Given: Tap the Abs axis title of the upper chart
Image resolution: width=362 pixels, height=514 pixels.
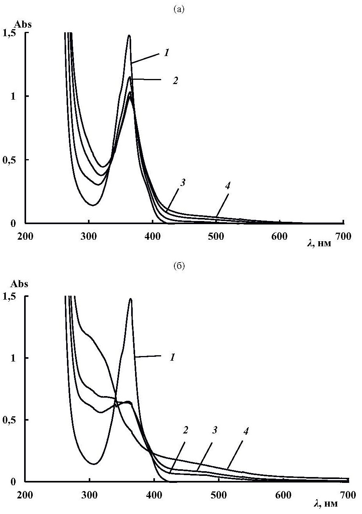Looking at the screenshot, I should (x=23, y=24).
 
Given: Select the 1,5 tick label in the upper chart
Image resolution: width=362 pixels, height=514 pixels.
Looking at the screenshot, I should (x=11, y=33).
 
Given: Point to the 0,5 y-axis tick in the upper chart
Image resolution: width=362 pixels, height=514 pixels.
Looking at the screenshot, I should (x=11, y=160).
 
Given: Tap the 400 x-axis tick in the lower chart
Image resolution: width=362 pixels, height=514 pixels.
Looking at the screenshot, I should (x=154, y=495).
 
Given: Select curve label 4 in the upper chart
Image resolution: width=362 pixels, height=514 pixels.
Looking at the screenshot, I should (x=227, y=186).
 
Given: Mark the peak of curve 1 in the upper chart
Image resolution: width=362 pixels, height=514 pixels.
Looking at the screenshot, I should (x=129, y=36).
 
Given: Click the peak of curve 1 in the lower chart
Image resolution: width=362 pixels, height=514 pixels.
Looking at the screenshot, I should (x=130, y=299).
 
